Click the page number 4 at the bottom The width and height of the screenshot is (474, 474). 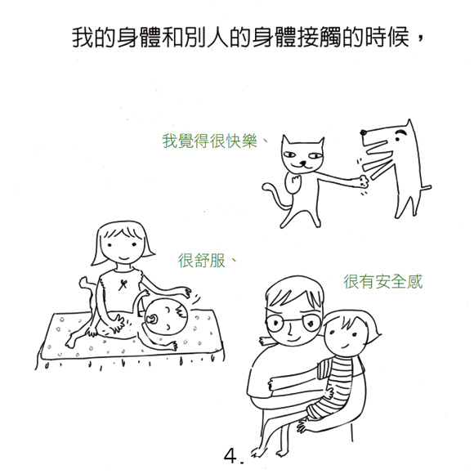tap(230, 455)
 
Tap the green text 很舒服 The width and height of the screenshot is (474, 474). tap(202, 260)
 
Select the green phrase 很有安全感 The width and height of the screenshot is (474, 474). tap(382, 281)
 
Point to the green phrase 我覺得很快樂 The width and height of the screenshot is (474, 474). tap(209, 141)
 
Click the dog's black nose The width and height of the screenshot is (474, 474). tap(364, 132)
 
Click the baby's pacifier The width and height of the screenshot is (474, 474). tap(151, 320)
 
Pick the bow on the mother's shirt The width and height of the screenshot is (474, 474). tap(123, 284)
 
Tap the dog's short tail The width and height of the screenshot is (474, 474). tap(426, 188)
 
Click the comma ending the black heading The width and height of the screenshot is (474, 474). tap(422, 38)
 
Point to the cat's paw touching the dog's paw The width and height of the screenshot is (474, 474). tap(363, 181)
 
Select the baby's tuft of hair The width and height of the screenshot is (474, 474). tap(181, 311)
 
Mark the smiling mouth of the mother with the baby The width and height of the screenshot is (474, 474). tap(124, 258)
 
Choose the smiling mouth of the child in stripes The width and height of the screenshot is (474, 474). tap(345, 346)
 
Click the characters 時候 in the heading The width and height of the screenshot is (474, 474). tap(388, 37)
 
